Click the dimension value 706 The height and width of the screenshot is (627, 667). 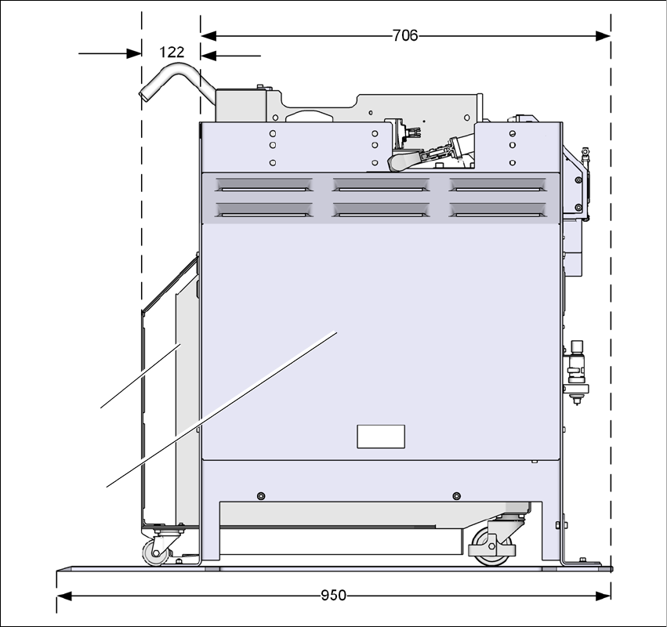[x=405, y=35]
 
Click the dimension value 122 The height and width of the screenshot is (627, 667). [x=172, y=52]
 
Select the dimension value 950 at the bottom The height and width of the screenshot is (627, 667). [x=333, y=595]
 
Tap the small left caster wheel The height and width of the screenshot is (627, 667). [x=154, y=553]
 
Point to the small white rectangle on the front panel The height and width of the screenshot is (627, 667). [x=381, y=437]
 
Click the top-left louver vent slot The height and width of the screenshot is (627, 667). [x=263, y=185]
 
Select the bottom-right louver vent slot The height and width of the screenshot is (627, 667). [x=497, y=210]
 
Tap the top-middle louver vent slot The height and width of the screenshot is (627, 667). [x=381, y=185]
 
